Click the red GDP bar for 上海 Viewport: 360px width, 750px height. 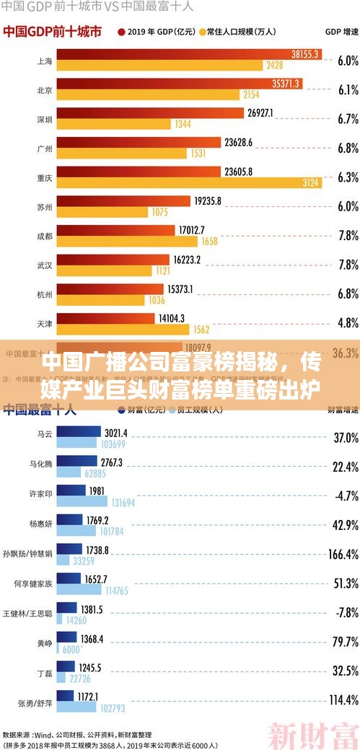188,55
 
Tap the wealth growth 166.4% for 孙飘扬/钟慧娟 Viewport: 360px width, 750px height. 343,534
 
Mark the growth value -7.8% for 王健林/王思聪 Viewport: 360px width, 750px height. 346,592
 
